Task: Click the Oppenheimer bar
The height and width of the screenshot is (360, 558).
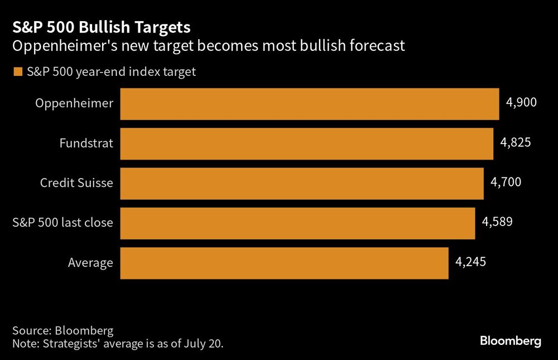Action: click(x=310, y=104)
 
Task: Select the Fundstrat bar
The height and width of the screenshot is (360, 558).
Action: click(x=307, y=143)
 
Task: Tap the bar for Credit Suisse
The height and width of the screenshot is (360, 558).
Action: click(x=302, y=183)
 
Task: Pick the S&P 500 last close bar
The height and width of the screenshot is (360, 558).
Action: click(x=297, y=223)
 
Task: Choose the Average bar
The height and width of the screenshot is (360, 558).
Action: click(x=284, y=263)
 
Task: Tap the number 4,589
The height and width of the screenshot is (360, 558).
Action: click(x=497, y=222)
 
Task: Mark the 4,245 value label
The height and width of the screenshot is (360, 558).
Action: click(x=470, y=261)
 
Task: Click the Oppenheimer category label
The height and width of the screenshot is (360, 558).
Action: click(x=74, y=103)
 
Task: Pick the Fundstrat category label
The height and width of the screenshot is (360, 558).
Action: click(x=86, y=143)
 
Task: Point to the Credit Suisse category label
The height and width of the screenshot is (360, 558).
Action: click(x=76, y=183)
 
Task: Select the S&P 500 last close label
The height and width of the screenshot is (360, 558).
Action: click(x=62, y=223)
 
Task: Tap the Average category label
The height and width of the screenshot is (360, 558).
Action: click(x=90, y=263)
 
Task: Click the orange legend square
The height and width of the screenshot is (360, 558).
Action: click(x=17, y=72)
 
